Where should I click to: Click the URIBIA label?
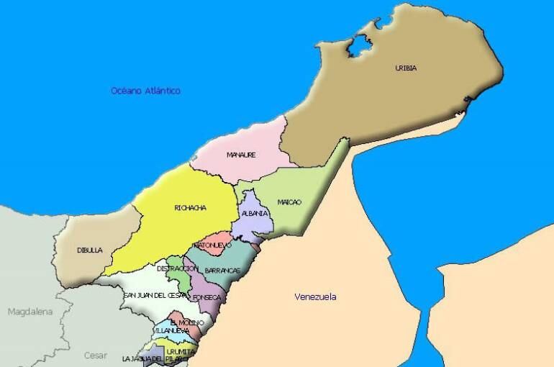[406, 68]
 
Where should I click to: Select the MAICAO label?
[289, 202]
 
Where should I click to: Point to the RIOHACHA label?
[190, 209]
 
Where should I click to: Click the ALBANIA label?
[255, 214]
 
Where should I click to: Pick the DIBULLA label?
[90, 250]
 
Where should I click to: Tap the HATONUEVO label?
[212, 245]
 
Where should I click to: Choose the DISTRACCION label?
[177, 268]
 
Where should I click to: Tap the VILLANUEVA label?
[171, 331]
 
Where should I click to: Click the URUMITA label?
[181, 350]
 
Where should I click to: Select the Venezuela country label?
[316, 296]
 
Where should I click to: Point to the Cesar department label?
[95, 355]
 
